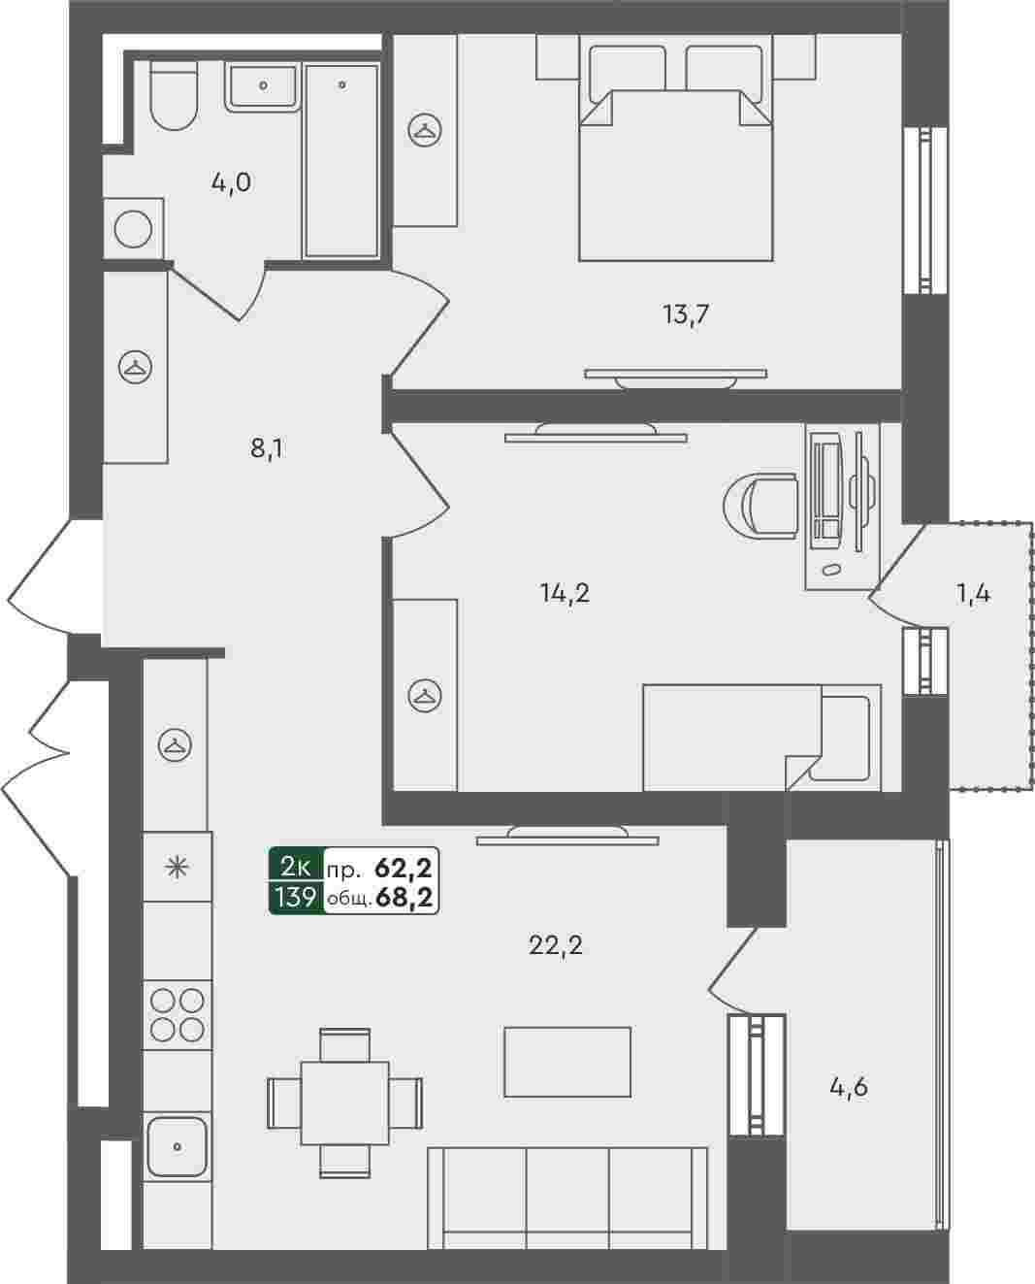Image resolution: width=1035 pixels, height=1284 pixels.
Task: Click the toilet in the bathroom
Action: (x=173, y=95)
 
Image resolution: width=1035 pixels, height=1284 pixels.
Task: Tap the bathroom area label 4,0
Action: (x=231, y=182)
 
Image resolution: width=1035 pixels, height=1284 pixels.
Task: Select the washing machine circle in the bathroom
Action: (x=133, y=229)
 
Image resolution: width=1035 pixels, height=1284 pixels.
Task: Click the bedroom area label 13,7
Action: (x=686, y=313)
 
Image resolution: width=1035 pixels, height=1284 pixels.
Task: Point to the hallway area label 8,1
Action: (x=267, y=448)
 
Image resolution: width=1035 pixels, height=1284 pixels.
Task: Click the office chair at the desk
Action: (x=760, y=507)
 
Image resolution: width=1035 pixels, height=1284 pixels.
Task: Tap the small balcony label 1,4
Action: (x=974, y=594)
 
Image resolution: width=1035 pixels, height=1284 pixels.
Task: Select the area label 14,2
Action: (x=565, y=593)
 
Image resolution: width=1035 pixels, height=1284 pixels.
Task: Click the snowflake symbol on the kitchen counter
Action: (x=178, y=868)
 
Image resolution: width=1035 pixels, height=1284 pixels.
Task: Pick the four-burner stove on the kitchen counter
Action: (x=178, y=1015)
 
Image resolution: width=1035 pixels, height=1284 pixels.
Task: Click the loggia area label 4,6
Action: (x=849, y=1088)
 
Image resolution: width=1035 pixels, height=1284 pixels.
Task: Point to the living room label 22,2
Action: (x=556, y=945)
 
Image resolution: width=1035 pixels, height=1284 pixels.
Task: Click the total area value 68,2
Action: (x=404, y=897)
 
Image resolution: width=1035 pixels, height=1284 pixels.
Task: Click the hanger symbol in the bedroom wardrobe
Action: (x=425, y=129)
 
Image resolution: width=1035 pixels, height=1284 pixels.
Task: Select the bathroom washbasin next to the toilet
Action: (x=263, y=88)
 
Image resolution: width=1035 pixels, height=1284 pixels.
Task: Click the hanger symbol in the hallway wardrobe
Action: (x=136, y=367)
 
